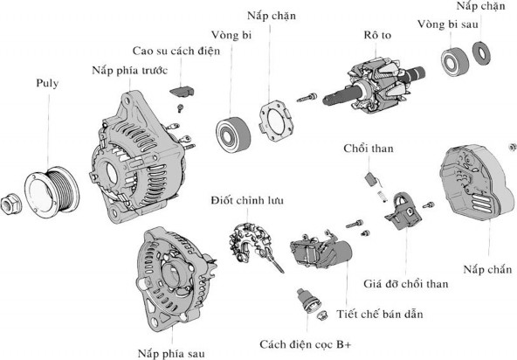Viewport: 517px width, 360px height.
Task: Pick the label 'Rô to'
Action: [377, 38]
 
